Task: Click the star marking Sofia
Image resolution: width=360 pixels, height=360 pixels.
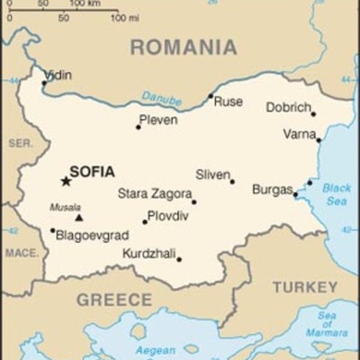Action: [66, 181]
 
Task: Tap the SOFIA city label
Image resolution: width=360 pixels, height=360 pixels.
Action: [92, 171]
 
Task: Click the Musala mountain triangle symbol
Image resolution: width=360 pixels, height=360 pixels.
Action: [79, 217]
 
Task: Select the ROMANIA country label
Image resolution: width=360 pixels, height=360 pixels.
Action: [184, 48]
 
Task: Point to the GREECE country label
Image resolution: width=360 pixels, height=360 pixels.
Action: [113, 300]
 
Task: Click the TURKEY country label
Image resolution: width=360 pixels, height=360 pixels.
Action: [305, 287]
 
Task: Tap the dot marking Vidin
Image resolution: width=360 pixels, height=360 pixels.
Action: [43, 84]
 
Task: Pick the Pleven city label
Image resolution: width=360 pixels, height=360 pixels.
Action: [158, 120]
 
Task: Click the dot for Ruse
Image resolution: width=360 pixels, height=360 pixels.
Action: [211, 96]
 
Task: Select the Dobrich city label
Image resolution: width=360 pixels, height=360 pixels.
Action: [288, 107]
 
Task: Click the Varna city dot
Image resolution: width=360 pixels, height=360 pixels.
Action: [319, 139]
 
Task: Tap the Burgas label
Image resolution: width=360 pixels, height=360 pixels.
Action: [272, 190]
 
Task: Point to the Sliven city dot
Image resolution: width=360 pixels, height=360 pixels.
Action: [231, 182]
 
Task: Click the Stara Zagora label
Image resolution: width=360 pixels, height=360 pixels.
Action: [155, 193]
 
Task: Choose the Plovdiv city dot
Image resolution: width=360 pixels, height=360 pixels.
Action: [144, 221]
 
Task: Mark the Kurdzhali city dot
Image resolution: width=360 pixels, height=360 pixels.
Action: [178, 260]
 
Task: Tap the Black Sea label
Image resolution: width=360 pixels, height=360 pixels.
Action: [337, 194]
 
